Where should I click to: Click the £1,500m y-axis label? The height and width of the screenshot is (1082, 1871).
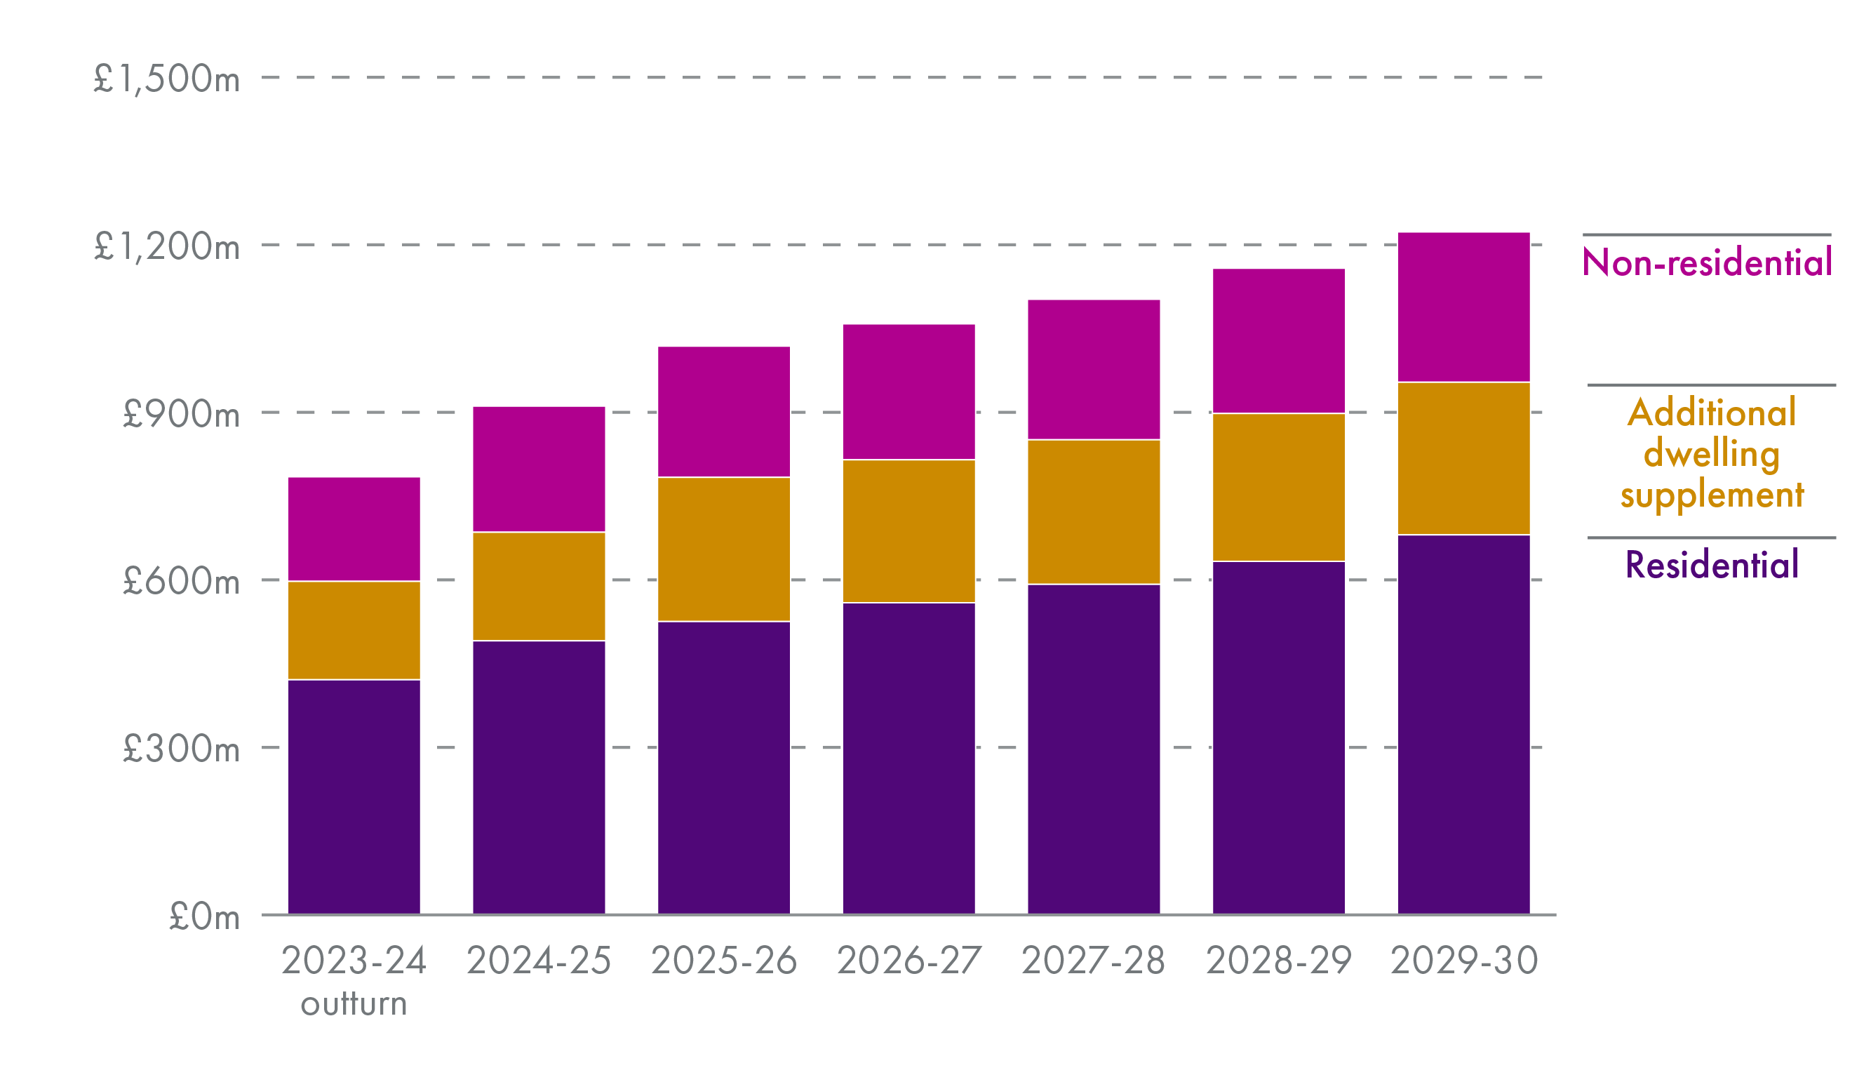166,78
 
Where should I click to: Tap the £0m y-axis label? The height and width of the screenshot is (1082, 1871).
204,917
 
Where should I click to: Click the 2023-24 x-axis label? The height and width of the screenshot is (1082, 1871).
354,961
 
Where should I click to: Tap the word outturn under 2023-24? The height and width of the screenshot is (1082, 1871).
354,1004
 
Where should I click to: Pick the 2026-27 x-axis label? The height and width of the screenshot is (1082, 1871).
908,961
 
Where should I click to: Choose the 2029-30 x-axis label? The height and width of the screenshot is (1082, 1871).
1463,961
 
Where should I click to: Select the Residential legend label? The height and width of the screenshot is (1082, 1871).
1711,564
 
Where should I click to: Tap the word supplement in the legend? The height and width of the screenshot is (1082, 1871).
1711,495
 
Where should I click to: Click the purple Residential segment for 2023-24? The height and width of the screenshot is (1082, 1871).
354,796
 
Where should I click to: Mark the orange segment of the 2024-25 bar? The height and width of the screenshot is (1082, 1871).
538,586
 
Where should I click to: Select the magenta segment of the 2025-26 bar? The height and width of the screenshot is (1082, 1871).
723,411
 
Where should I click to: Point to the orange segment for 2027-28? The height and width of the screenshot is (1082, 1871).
1093,512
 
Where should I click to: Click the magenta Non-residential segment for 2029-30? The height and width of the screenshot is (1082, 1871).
1463,307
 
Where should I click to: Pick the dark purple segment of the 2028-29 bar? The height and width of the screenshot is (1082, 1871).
1278,737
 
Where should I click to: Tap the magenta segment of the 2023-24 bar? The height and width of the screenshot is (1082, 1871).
354,529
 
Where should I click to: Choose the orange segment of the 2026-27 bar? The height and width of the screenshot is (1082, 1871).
908,531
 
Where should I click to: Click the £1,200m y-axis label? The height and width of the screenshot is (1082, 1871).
166,246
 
